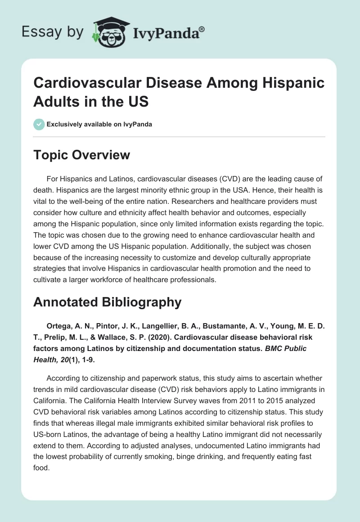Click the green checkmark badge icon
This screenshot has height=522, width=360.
[39, 124]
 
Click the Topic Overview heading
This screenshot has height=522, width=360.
[81, 155]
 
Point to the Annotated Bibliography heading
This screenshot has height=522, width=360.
[107, 302]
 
